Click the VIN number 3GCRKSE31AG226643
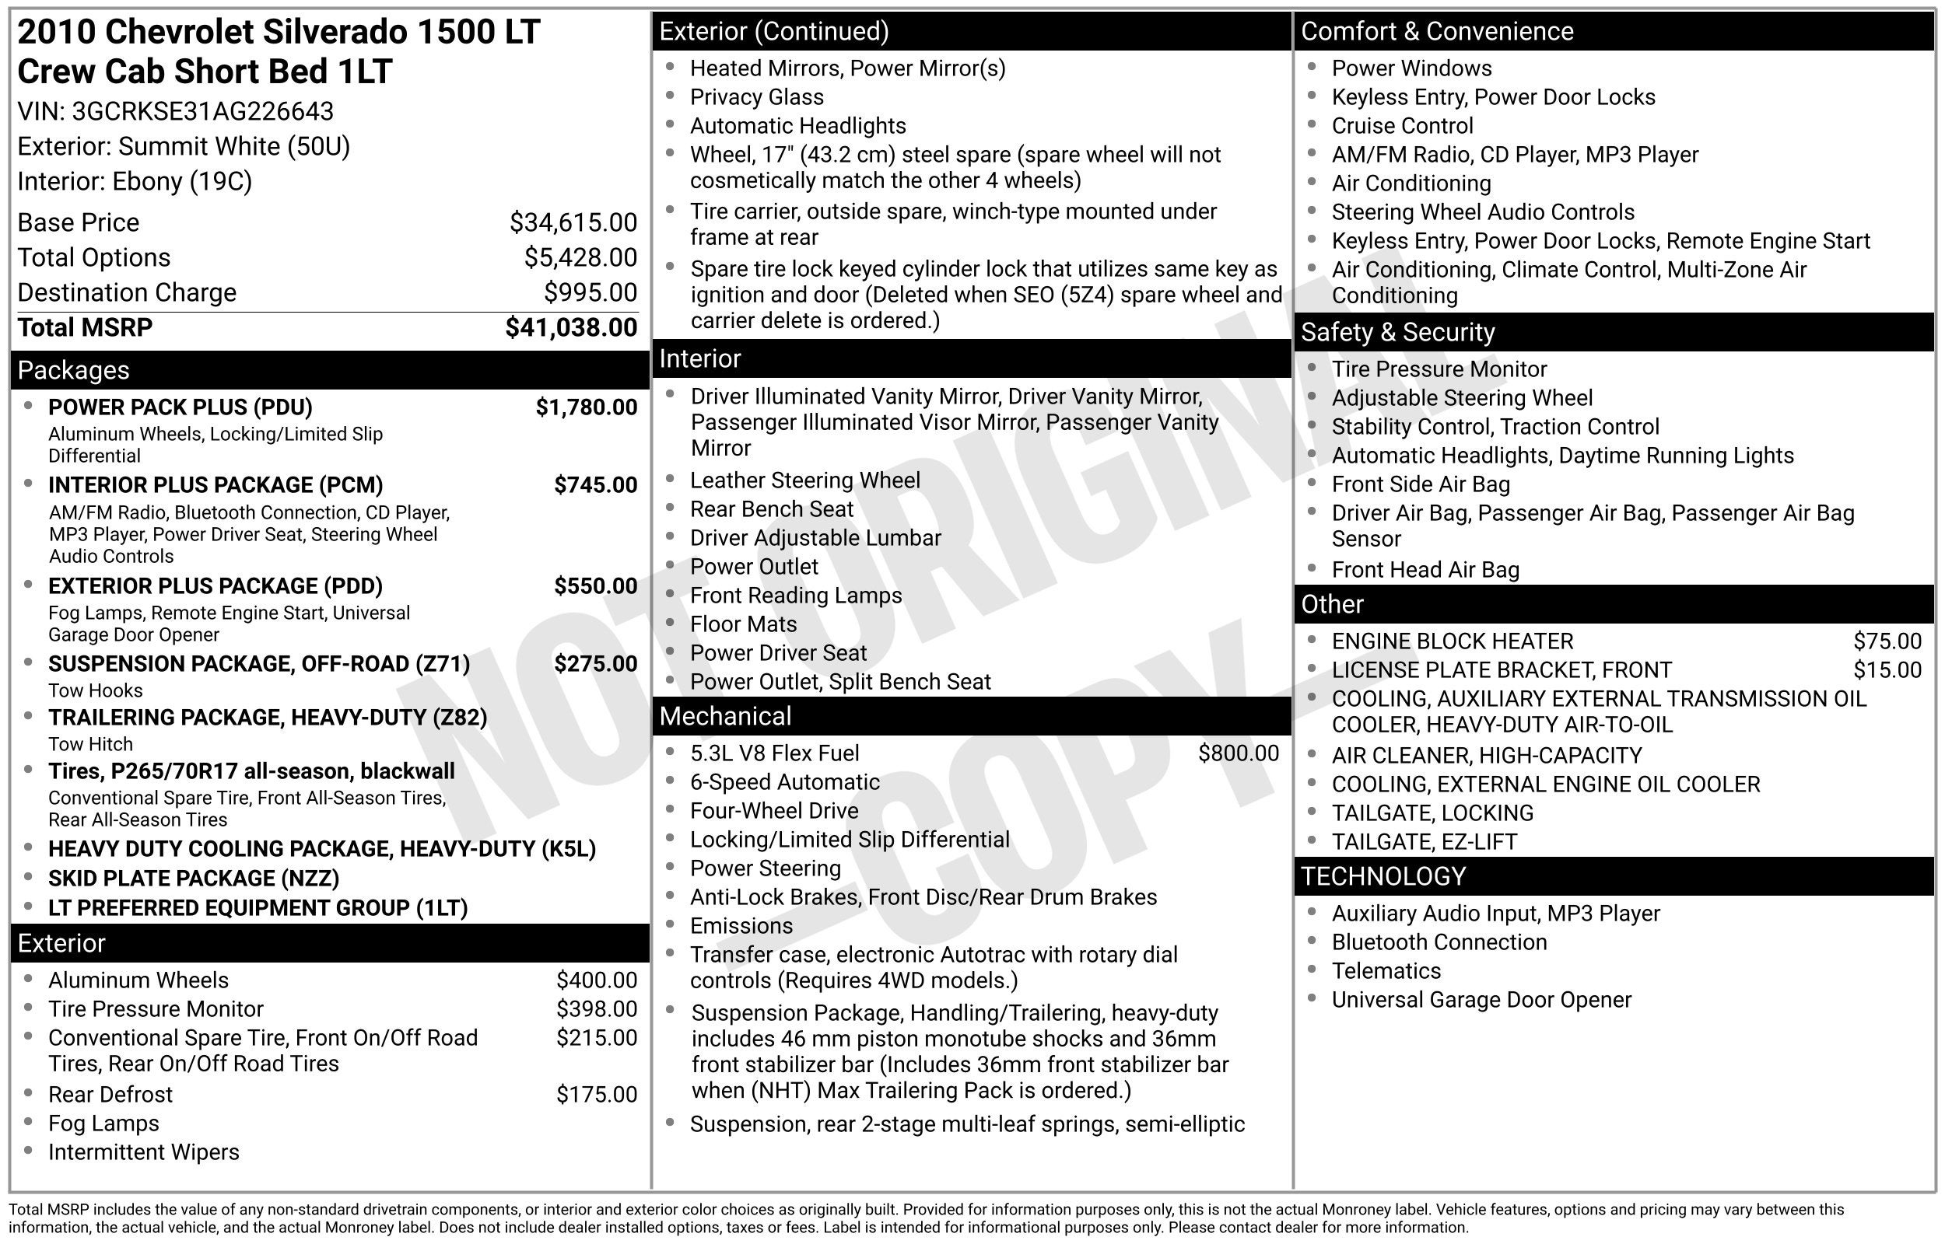point(202,111)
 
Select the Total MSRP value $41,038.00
point(570,327)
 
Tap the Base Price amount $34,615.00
point(573,222)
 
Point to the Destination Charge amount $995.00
point(590,292)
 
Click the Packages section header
point(74,370)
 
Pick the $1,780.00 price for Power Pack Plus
point(586,407)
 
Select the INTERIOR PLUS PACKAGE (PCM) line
point(215,484)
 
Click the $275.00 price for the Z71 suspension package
point(594,664)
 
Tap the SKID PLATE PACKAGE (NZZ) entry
point(193,878)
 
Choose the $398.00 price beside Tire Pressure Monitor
point(597,1009)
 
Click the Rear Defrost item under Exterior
point(110,1095)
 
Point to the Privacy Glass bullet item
point(756,97)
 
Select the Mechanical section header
point(725,717)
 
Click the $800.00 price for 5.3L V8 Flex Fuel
point(1238,753)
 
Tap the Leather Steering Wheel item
point(804,480)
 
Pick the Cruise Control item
point(1402,126)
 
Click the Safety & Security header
point(1397,332)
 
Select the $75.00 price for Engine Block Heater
point(1887,641)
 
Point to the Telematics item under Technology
point(1386,971)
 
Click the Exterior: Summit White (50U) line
point(184,146)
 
